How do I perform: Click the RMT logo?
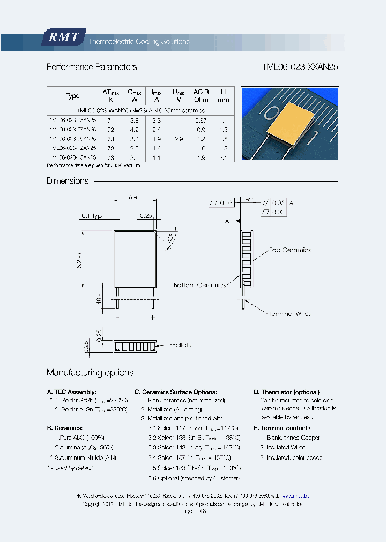pos(63,37)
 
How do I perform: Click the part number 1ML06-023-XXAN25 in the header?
pos(300,67)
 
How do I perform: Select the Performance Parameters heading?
pos(92,67)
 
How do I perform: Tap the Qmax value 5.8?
pos(134,121)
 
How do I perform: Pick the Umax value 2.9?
pos(179,139)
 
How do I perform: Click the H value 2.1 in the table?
pos(224,158)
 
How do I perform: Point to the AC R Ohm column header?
pos(201,95)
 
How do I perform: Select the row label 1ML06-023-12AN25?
pos(72,148)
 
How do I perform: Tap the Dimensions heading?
pos(68,181)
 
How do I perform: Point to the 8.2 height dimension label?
pos(78,259)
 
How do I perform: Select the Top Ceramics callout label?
pos(289,250)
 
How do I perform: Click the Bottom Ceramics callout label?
pos(199,285)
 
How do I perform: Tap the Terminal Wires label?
pos(289,314)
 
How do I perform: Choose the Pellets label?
pos(179,345)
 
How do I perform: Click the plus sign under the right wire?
pos(153,318)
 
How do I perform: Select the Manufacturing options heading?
pos(90,373)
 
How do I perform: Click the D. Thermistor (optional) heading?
pos(286,392)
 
